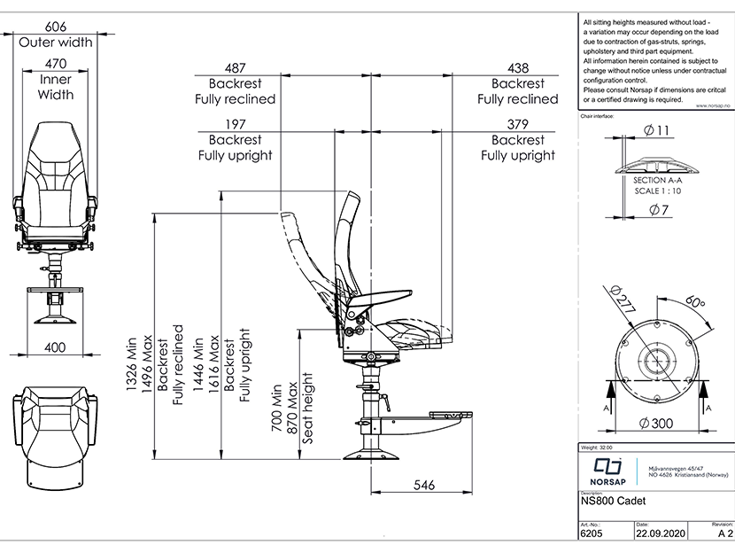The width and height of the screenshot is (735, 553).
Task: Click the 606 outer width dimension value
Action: click(55, 27)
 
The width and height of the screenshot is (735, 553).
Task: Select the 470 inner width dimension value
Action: click(55, 64)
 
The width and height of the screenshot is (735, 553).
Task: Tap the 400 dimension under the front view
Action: click(55, 348)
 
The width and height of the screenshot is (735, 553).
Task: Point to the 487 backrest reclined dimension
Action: click(235, 67)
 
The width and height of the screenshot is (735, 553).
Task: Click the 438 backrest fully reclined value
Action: click(518, 67)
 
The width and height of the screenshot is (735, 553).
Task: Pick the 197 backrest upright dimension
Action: click(235, 124)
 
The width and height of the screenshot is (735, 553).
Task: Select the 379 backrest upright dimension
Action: click(518, 124)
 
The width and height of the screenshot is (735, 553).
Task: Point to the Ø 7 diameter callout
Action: click(655, 210)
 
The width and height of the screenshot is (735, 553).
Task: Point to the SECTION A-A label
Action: click(655, 180)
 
